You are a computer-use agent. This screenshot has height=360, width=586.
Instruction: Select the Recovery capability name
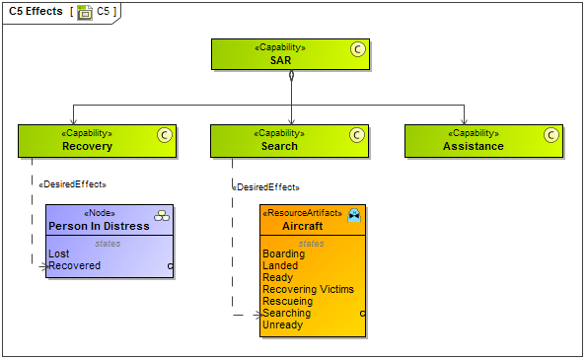[x=87, y=146]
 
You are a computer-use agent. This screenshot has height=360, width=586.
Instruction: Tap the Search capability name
[x=279, y=146]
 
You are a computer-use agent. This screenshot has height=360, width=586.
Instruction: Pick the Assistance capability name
[x=474, y=146]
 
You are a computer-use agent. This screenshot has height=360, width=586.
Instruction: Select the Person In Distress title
[x=99, y=226]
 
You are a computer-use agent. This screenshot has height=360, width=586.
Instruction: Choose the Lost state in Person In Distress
[x=59, y=253]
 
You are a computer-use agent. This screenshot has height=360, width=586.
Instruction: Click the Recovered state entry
[x=75, y=265]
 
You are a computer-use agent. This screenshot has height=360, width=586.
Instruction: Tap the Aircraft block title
[x=302, y=226]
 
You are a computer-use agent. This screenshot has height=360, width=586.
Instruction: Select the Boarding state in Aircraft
[x=284, y=253]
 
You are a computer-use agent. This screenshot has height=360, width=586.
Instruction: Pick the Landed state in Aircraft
[x=280, y=265]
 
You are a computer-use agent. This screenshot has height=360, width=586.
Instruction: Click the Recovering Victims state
[x=308, y=289]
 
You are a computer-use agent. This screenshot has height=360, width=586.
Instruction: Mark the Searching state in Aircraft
[x=286, y=313]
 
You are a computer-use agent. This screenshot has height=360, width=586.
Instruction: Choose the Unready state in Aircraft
[x=282, y=324]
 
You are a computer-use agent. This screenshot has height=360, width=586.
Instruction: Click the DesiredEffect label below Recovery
[x=72, y=184]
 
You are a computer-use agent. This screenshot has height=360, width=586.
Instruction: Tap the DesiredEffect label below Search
[x=265, y=187]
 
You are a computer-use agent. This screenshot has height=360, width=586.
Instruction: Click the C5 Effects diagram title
[x=36, y=11]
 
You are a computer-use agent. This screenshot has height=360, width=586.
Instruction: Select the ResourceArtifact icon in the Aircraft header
[x=354, y=214]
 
